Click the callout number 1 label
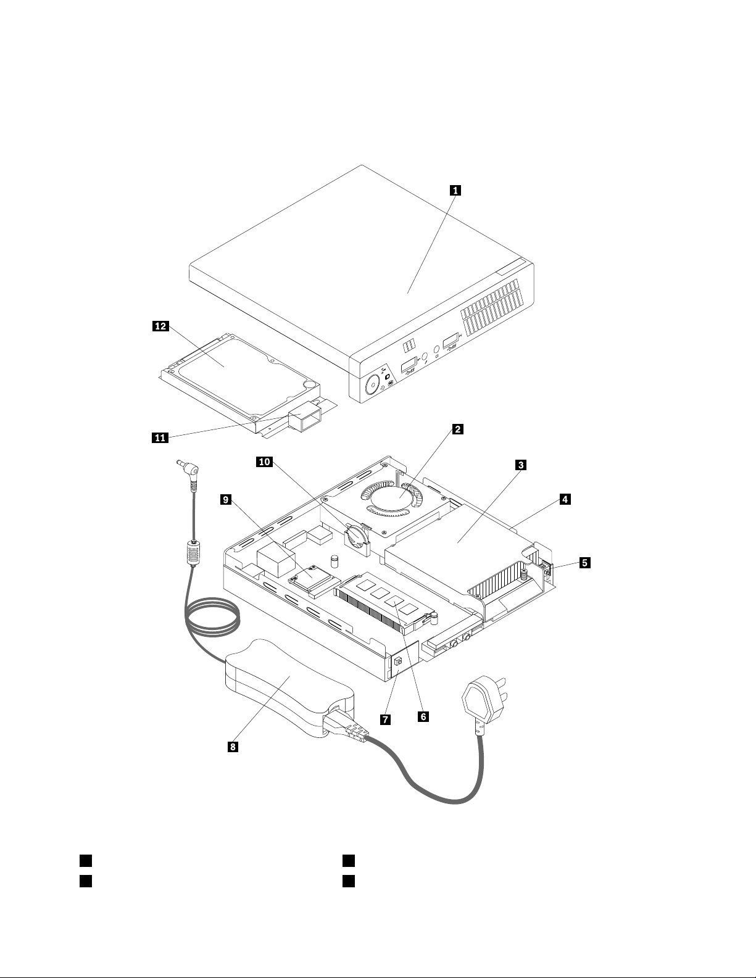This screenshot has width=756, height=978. point(455,191)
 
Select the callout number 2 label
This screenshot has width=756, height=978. point(457,429)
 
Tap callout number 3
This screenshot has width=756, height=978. point(520,465)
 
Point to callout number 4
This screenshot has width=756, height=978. point(565,499)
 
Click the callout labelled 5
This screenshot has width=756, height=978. point(584,563)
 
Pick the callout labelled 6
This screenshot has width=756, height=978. point(423,716)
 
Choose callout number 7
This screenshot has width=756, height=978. point(385,719)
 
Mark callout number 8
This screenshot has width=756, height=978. point(233,747)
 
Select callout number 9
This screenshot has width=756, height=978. point(226,499)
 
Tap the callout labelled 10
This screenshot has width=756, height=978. point(265,462)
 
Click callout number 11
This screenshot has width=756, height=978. point(160,437)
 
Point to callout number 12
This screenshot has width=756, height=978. point(160,326)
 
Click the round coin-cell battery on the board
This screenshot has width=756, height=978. point(356,536)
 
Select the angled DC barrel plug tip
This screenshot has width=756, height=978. point(189,468)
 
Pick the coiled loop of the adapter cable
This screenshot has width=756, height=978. point(212,617)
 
